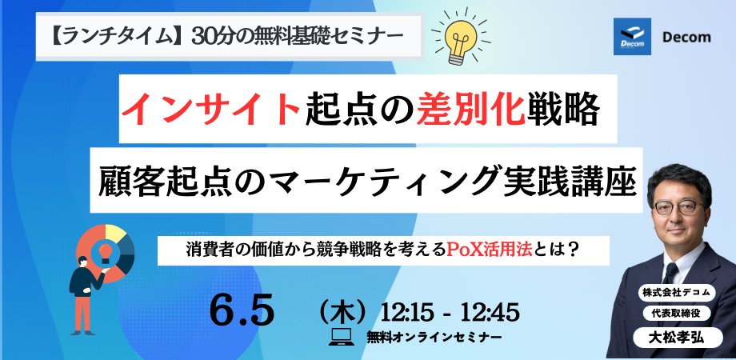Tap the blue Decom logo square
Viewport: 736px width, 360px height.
(x=632, y=37)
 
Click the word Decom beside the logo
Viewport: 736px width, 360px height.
(x=686, y=37)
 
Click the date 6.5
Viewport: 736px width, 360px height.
(x=242, y=312)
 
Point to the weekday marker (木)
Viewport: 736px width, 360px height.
(x=342, y=312)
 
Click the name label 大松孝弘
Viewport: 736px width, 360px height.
(x=678, y=338)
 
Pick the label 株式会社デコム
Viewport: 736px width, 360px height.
(x=676, y=294)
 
